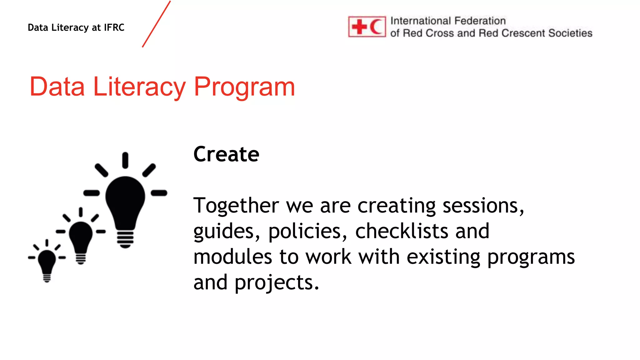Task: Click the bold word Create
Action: [226, 154]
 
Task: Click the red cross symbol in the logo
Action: [359, 27]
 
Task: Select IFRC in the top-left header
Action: [114, 27]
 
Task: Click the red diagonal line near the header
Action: [156, 24]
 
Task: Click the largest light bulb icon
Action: [125, 200]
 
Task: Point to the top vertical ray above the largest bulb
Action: [125, 160]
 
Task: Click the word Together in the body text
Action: [236, 206]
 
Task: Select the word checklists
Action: [402, 231]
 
